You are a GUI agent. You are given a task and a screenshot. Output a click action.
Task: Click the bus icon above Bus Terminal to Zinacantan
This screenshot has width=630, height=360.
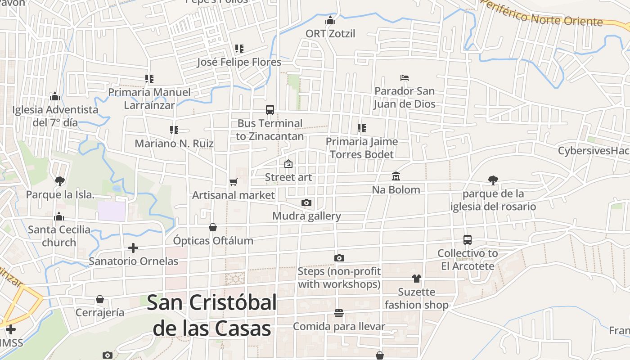[x=270, y=109]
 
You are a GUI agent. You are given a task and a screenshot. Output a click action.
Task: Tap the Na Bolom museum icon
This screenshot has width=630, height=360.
[x=396, y=176]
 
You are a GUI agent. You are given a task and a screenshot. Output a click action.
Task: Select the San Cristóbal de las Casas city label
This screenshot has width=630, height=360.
[x=211, y=315]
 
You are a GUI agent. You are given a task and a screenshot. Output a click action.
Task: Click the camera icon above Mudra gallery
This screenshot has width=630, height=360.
[x=306, y=202]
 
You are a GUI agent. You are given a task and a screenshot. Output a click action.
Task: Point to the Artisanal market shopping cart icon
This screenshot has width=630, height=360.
[x=233, y=182]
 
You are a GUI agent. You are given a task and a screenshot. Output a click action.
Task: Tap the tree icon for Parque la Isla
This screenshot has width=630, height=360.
[x=59, y=181]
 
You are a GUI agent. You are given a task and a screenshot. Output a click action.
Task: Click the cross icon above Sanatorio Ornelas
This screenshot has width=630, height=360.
[x=133, y=247]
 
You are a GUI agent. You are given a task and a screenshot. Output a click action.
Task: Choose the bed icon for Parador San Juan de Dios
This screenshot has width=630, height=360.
[x=405, y=78]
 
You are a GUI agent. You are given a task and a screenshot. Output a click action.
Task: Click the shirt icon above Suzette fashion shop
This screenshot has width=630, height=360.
[x=416, y=279]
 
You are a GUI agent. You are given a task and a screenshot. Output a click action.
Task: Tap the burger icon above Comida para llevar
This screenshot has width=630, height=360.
[x=339, y=313]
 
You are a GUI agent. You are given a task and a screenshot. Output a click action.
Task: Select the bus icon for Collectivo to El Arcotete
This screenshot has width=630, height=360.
[x=468, y=240]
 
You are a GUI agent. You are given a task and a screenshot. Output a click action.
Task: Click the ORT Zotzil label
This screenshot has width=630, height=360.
[x=330, y=34]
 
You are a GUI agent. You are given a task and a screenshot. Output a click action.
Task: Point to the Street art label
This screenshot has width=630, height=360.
[x=288, y=177]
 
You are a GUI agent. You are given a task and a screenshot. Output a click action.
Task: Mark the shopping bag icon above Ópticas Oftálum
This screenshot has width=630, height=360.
[x=213, y=227]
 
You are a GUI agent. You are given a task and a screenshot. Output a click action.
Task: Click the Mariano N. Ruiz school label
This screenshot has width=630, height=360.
[x=174, y=144]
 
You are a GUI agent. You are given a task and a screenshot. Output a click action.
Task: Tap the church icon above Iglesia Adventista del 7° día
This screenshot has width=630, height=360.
[x=55, y=96]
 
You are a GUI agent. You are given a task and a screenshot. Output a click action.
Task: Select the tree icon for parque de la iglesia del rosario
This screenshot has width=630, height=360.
[x=493, y=180]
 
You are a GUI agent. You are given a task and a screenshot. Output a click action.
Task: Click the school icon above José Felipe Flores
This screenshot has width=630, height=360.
[x=239, y=49]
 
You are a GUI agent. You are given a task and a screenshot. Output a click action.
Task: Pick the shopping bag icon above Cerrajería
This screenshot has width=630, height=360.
[x=100, y=299]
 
